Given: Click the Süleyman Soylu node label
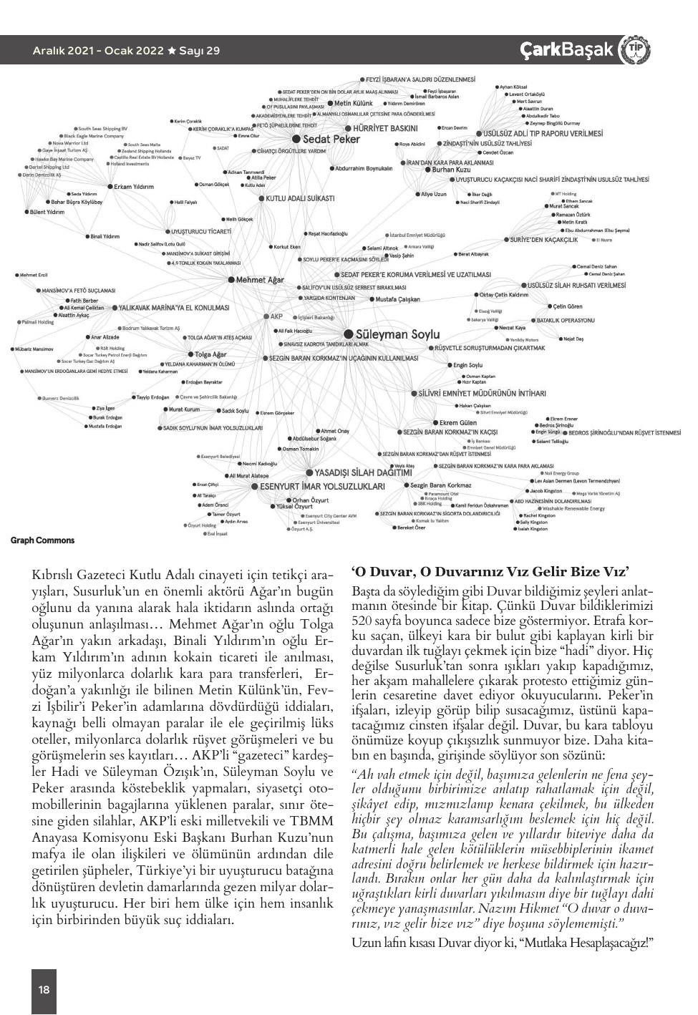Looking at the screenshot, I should point(397,334).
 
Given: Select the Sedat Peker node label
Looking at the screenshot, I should point(331,139).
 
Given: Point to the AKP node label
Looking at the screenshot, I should point(277,316).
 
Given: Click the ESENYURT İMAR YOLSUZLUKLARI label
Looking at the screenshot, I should point(321,486).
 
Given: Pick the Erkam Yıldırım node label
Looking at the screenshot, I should point(134,187).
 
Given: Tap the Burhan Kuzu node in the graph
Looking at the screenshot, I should point(451,170).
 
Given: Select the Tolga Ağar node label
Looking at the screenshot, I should point(210,354).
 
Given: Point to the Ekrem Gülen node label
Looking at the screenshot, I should point(458,423).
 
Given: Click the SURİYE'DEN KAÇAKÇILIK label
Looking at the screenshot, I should point(543,240).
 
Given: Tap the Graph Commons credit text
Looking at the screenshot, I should point(42,540).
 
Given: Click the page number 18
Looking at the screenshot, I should point(44,990).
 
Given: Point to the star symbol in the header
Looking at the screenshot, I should point(172,51).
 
